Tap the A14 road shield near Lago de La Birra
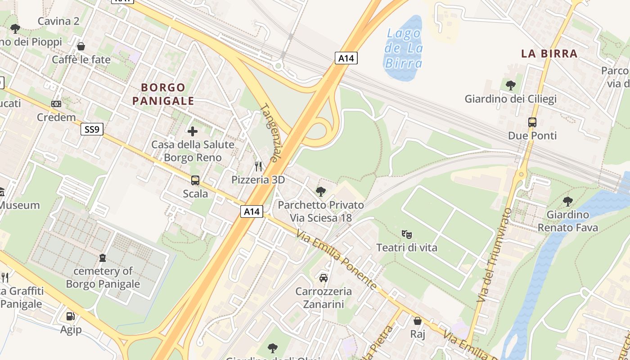coord(346,58)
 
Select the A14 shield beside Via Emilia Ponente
coord(251,211)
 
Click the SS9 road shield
coord(92,130)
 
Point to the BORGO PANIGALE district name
coord(163,94)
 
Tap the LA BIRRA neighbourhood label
coord(549,54)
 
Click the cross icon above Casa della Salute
coord(193,131)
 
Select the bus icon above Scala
coord(195,180)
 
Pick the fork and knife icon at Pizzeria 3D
coord(258,166)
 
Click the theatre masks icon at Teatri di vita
coord(407,234)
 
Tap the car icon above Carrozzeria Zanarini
coord(323,278)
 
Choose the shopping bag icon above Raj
coord(418,321)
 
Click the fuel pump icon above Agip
coord(71,316)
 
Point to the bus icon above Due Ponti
coord(532,122)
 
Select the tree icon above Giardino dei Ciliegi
coord(510,85)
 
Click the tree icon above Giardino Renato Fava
coord(568,201)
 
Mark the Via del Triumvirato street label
coord(495,255)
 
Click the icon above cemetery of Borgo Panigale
coord(103,258)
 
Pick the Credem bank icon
coord(56,104)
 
